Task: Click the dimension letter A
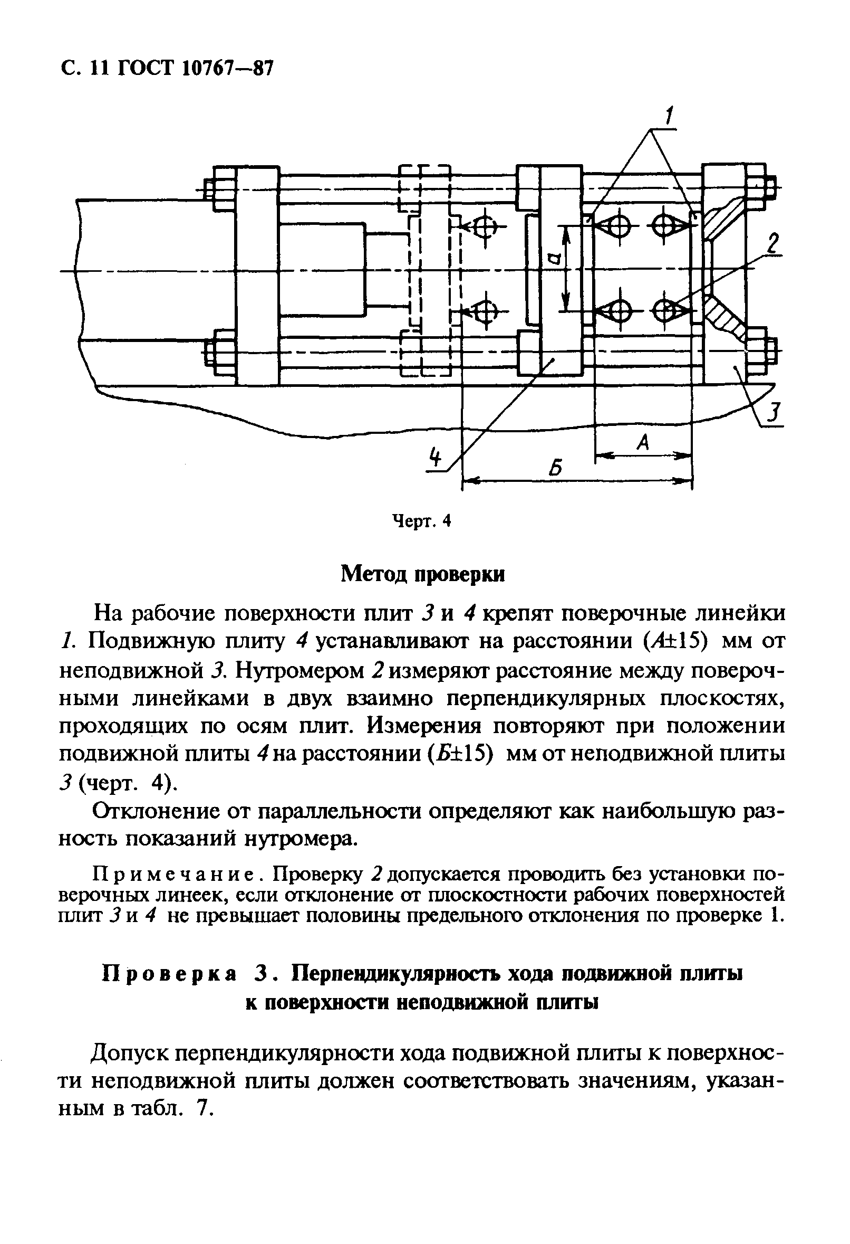click(644, 443)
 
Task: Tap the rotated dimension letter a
click(556, 261)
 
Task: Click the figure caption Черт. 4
click(422, 520)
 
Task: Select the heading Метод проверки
click(422, 574)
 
